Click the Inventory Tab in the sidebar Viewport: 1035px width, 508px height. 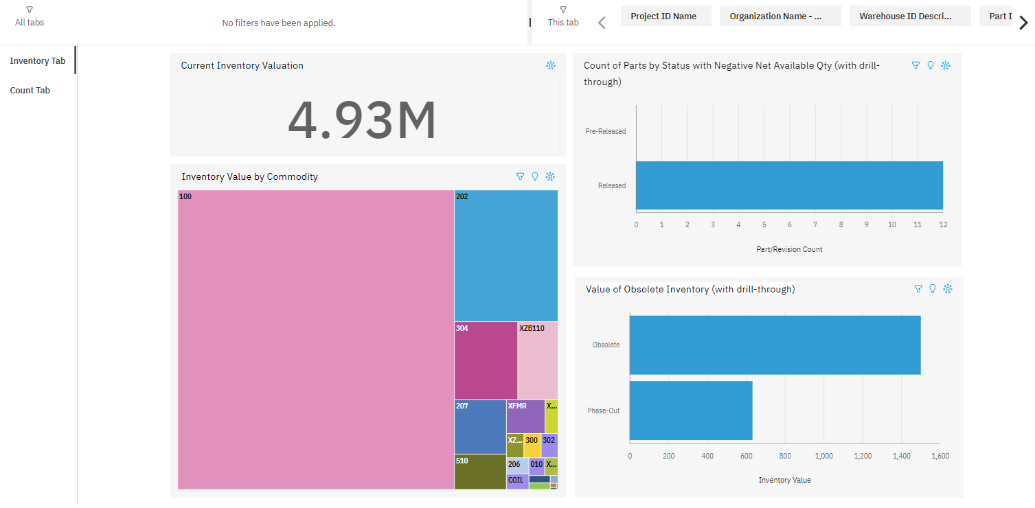pos(38,61)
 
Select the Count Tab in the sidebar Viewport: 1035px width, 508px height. pos(30,91)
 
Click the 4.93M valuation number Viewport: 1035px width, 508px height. pos(362,121)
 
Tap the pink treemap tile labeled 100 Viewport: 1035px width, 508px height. pos(316,340)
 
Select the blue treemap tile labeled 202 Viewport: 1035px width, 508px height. pos(506,256)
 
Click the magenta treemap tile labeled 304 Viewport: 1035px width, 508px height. pos(486,360)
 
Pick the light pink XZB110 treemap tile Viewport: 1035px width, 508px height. pos(538,360)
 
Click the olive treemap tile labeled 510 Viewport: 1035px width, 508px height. pos(480,472)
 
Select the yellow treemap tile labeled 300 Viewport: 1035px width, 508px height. pos(532,446)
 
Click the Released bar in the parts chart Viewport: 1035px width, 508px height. pos(789,185)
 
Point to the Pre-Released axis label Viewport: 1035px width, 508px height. pos(605,131)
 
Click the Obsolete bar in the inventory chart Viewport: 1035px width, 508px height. pos(775,345)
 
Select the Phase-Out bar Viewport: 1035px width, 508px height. pos(691,411)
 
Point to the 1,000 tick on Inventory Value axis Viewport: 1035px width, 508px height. pos(823,456)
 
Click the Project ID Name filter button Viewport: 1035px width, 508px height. pos(663,16)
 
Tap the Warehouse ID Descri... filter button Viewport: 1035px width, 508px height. pos(909,16)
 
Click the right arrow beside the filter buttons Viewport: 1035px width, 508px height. pos(1023,23)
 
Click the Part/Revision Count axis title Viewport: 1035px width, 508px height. pos(789,249)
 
